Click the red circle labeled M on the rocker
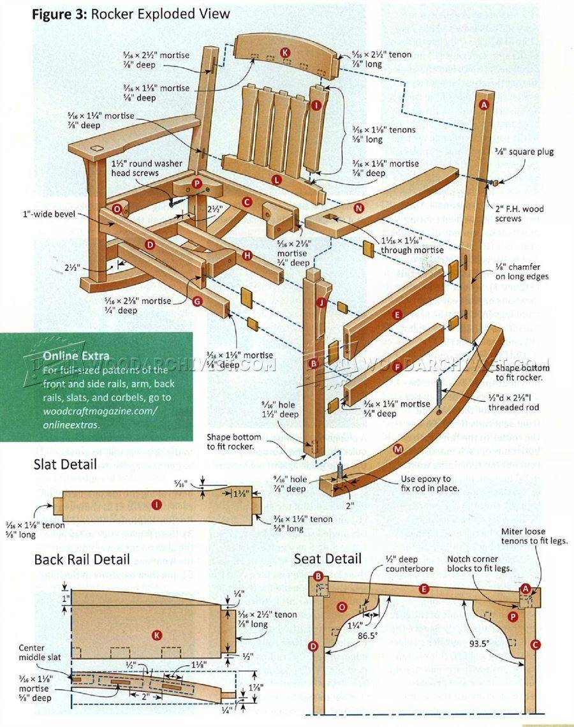point(398,450)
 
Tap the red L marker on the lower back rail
point(276,180)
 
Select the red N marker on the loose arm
point(358,208)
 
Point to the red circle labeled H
point(247,256)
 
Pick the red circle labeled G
point(196,300)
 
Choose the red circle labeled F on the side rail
point(397,367)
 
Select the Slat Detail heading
point(65,465)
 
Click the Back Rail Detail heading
point(82,559)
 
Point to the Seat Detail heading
point(328,559)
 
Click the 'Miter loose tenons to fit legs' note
point(534,536)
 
